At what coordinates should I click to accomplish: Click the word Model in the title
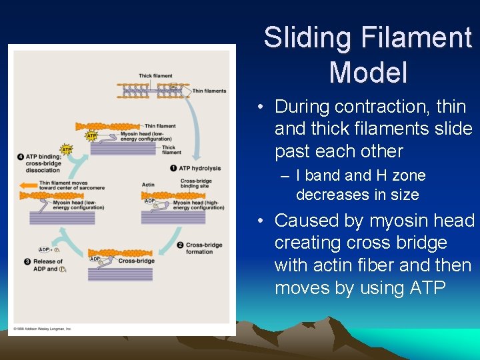pyautogui.click(x=368, y=71)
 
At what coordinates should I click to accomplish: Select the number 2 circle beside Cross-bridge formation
pyautogui.click(x=180, y=245)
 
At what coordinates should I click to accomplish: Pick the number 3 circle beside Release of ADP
pyautogui.click(x=27, y=261)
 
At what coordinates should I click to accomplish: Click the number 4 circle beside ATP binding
pyautogui.click(x=21, y=157)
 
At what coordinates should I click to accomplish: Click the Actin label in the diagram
pyautogui.click(x=148, y=185)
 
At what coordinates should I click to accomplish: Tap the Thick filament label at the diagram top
pyautogui.click(x=155, y=76)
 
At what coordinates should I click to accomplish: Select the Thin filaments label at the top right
pyautogui.click(x=209, y=91)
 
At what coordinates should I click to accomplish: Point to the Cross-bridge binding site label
pyautogui.click(x=197, y=184)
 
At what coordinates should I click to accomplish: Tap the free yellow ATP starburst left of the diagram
pyautogui.click(x=66, y=149)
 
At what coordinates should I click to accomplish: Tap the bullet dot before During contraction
pyautogui.click(x=265, y=107)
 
